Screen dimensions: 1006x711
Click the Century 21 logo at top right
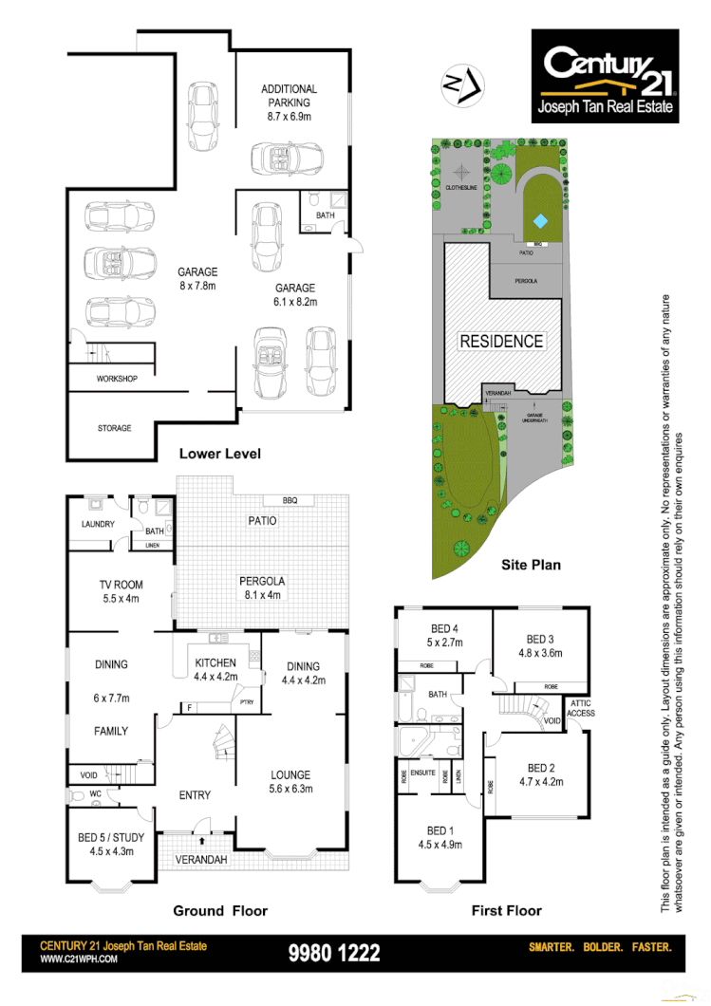pos(605,76)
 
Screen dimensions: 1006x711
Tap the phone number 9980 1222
pos(334,953)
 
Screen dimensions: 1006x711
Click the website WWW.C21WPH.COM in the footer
pos(79,959)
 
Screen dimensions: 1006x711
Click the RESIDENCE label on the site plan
pos(501,341)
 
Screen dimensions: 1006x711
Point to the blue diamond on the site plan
pos(539,220)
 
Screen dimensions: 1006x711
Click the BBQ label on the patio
pos(290,500)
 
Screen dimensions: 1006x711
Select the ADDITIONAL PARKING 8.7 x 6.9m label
pos(289,102)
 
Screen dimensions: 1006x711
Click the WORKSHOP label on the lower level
pos(117,379)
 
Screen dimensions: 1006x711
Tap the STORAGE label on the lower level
pos(114,428)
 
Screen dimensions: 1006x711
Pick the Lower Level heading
pos(219,454)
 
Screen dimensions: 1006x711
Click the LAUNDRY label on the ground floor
pos(98,525)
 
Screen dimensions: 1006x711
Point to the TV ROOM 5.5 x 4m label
pos(120,592)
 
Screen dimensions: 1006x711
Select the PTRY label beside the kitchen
pos(247,702)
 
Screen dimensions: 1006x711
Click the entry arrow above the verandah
pos(202,839)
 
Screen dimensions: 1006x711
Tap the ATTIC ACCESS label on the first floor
pos(580,708)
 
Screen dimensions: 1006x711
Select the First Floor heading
pos(506,911)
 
